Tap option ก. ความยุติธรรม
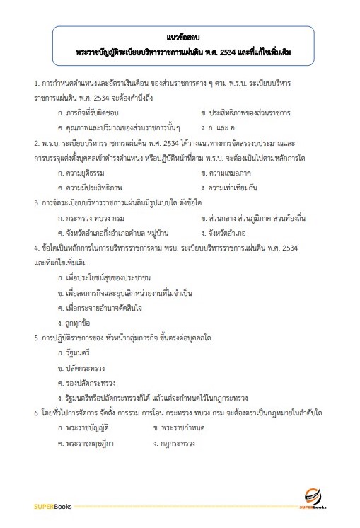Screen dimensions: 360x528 coord(77,173)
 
